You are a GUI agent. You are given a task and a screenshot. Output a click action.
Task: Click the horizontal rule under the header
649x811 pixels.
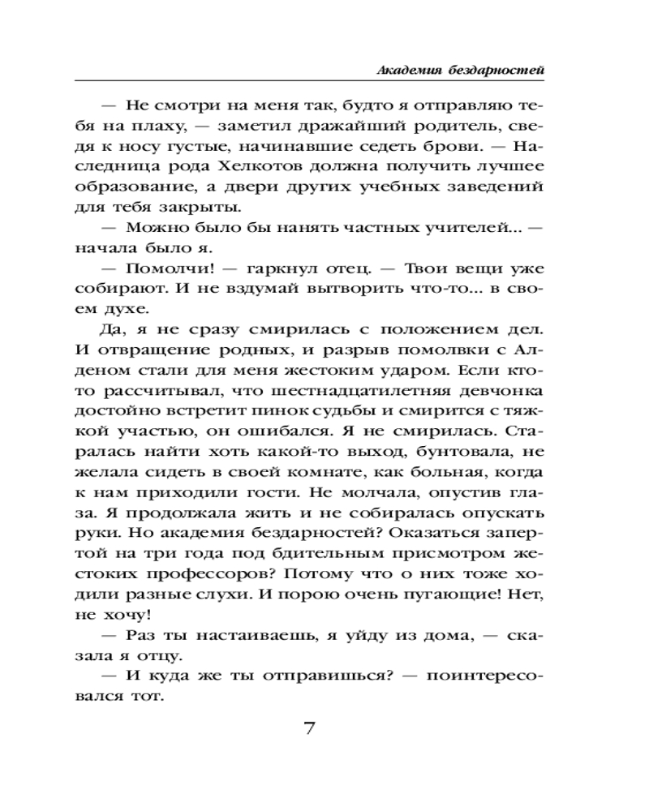308,81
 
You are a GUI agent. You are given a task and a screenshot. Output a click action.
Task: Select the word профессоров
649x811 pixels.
182,576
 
